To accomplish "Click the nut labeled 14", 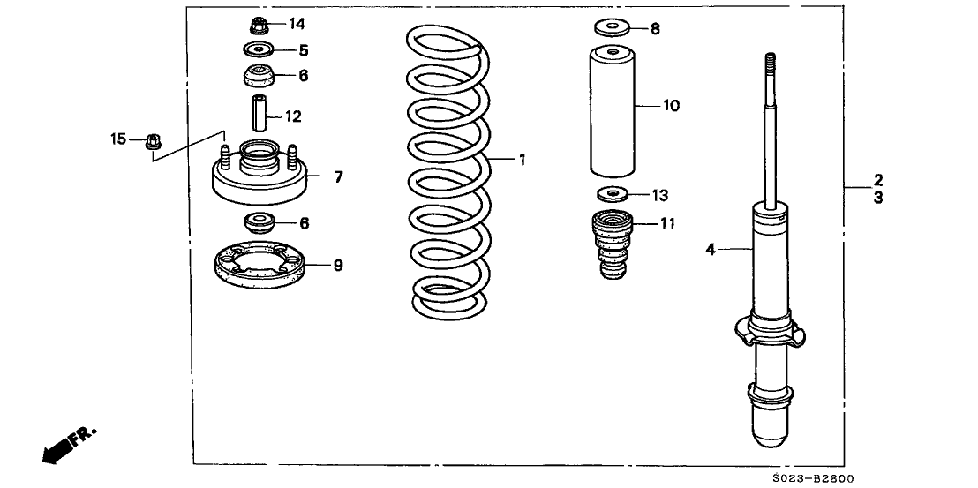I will tap(260, 24).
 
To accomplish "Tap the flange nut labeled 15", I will tap(151, 139).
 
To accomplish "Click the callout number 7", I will tap(338, 177).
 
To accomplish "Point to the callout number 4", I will tap(710, 250).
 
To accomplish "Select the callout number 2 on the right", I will tap(879, 179).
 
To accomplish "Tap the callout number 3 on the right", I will tap(879, 199).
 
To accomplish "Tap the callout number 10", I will tap(671, 106).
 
